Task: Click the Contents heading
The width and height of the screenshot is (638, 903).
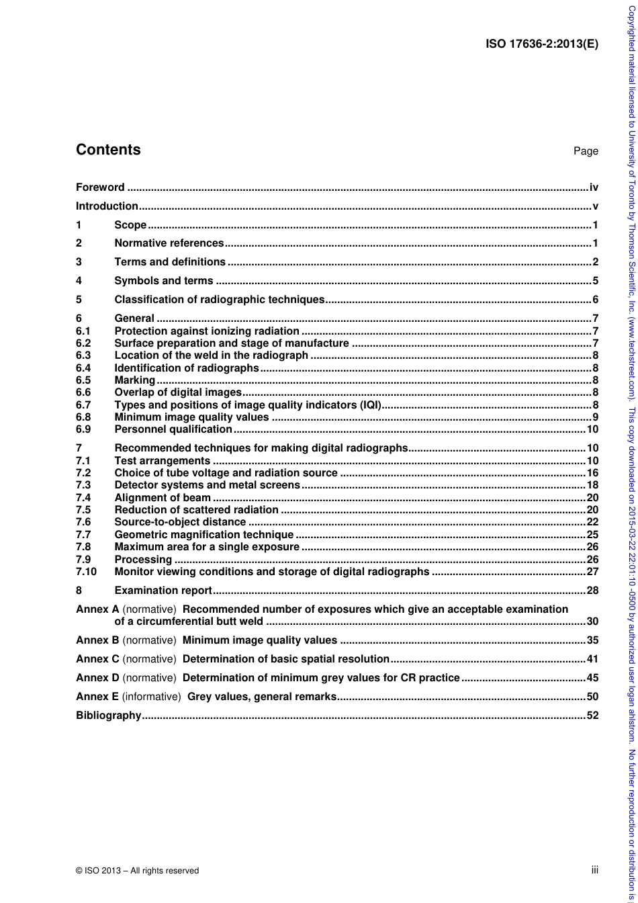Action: pos(108,150)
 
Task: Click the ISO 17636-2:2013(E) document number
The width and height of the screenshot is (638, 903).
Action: pos(541,44)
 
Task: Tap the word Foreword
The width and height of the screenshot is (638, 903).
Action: pos(100,187)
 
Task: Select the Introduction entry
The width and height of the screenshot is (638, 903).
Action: pos(107,206)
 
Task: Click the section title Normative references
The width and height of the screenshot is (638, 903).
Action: pos(169,243)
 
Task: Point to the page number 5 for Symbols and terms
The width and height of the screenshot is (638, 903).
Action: pos(595,281)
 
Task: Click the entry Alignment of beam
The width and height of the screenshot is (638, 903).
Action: pos(163,497)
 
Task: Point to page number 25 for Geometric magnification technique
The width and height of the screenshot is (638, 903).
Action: pos(592,535)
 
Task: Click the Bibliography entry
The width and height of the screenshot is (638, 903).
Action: pos(109,716)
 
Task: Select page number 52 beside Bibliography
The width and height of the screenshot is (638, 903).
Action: pos(592,716)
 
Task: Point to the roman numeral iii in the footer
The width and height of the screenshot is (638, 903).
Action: pos(594,870)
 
